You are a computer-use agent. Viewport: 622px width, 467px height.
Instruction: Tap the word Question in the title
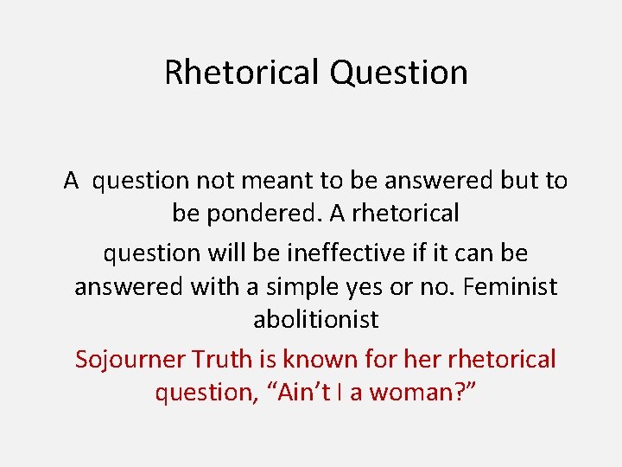coord(398,73)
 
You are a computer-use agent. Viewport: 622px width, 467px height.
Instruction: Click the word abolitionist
coord(315,319)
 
